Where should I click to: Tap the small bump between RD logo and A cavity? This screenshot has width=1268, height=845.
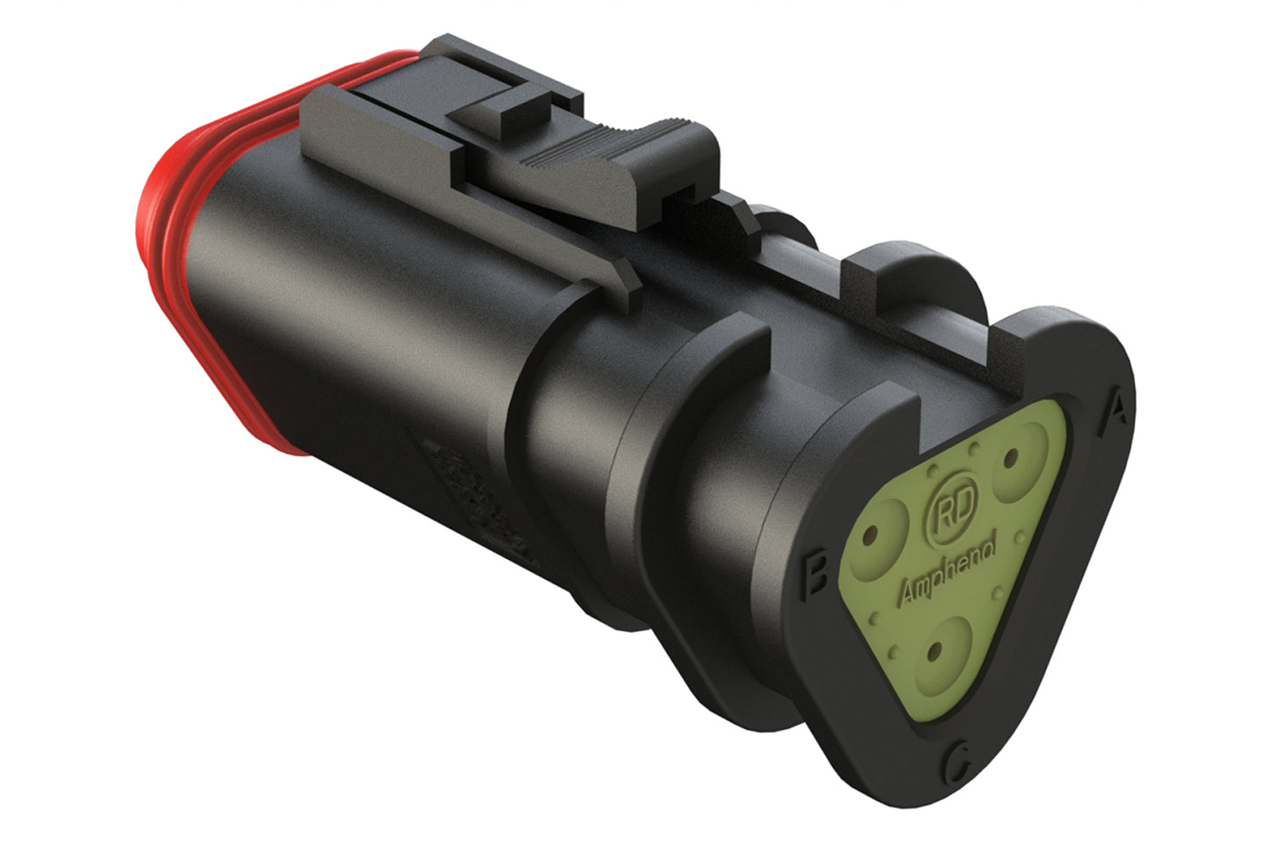(x=975, y=451)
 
